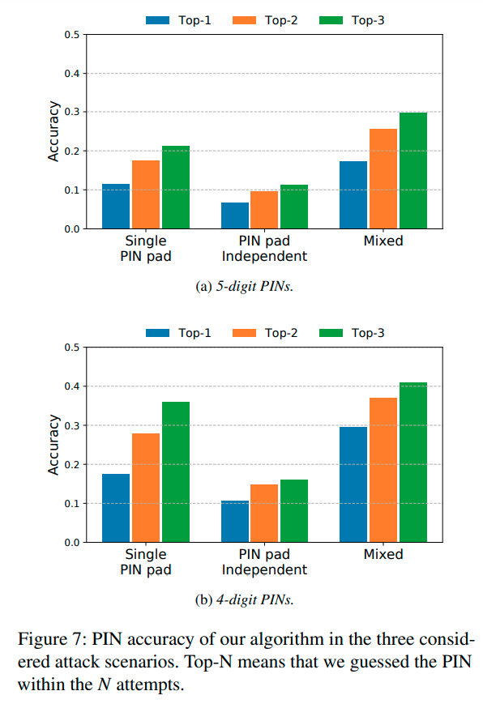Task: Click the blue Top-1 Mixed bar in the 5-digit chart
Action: click(353, 195)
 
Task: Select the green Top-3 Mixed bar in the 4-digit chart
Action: click(412, 462)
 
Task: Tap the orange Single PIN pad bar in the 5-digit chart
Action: click(146, 194)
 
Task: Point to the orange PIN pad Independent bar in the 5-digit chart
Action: click(264, 210)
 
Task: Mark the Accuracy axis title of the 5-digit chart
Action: click(53, 131)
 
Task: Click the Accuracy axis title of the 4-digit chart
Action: click(53, 445)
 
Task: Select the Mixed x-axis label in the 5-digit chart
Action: click(383, 241)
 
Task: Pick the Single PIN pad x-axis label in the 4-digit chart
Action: click(146, 561)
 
